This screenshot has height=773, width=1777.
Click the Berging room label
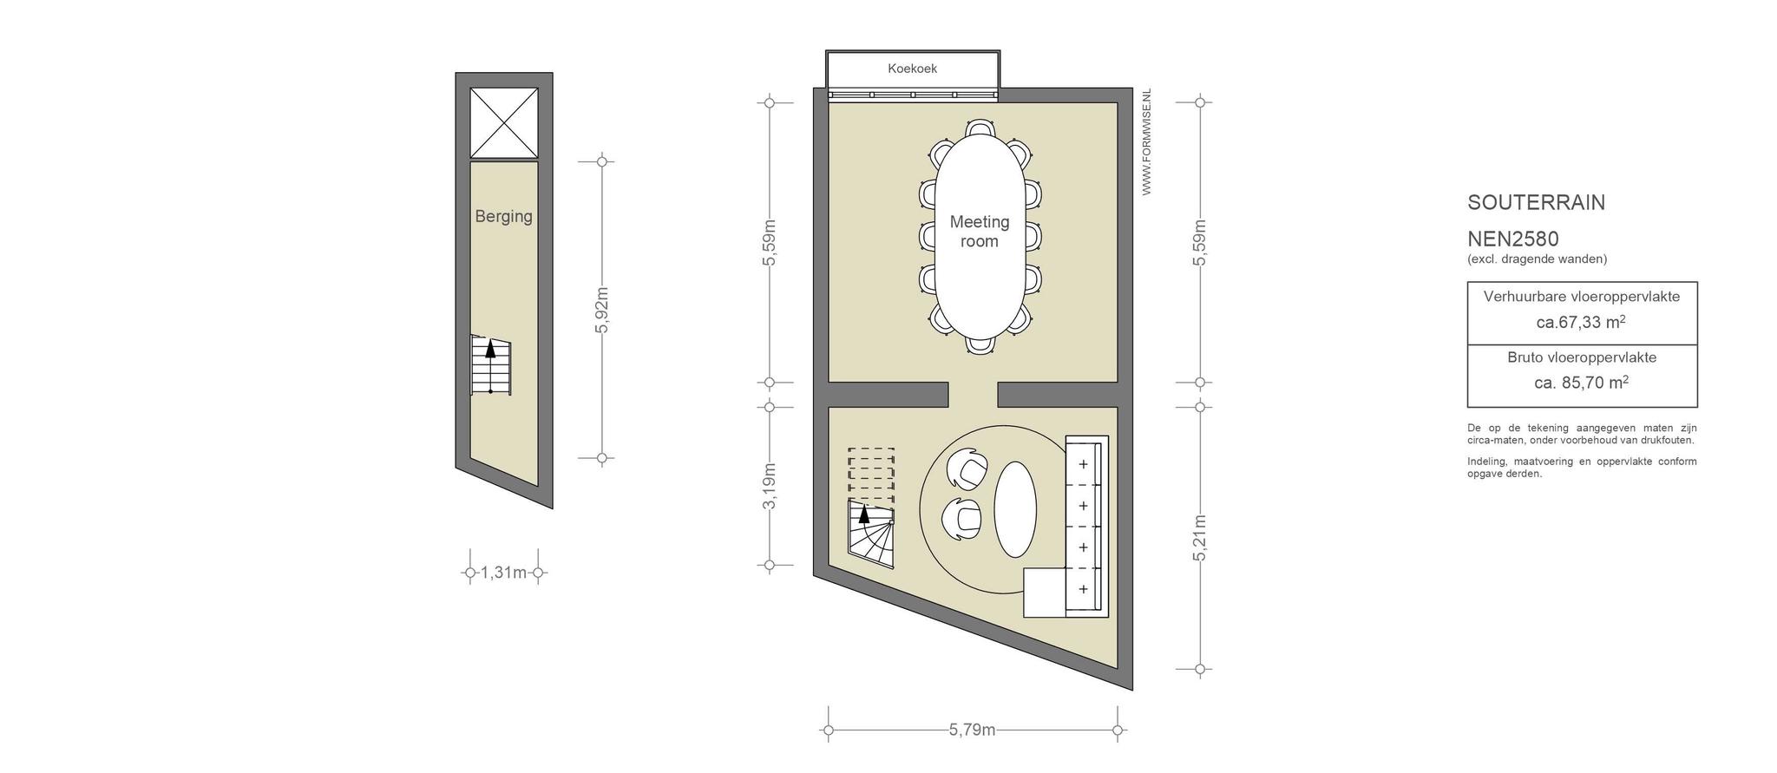click(x=503, y=216)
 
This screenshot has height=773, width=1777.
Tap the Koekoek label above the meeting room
click(x=912, y=69)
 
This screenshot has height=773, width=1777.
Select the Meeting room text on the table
click(x=980, y=232)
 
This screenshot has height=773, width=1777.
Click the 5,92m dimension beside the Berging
click(x=603, y=310)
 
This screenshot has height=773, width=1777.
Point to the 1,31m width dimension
click(x=503, y=573)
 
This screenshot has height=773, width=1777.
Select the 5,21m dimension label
click(x=1200, y=538)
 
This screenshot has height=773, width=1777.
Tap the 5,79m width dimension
click(x=972, y=730)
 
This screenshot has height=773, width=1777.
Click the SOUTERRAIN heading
click(x=1536, y=203)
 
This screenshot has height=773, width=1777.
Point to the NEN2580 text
click(x=1513, y=239)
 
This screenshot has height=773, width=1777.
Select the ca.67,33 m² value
click(x=1581, y=322)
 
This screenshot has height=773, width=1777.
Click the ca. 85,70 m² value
click(x=1581, y=383)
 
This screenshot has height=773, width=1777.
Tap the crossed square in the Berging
click(x=504, y=122)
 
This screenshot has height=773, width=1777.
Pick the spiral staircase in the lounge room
click(x=871, y=534)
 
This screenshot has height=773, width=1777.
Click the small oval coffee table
click(x=1015, y=509)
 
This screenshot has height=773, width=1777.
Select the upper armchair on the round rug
click(x=966, y=469)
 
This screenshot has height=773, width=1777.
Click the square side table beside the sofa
click(x=1044, y=593)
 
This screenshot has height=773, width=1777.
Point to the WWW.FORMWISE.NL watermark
click(x=1146, y=141)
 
